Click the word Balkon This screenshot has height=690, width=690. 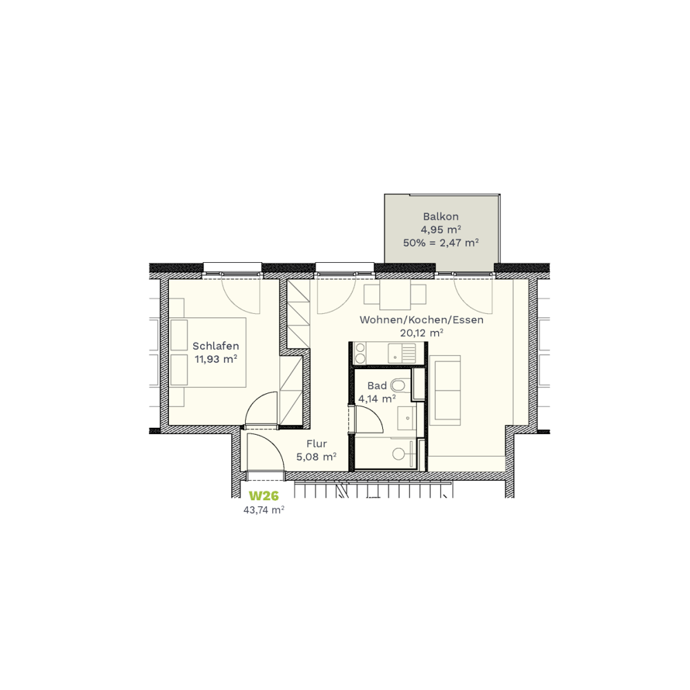pyautogui.click(x=440, y=217)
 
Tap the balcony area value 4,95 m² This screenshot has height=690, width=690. pyautogui.click(x=440, y=229)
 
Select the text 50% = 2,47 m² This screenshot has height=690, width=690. pyautogui.click(x=440, y=242)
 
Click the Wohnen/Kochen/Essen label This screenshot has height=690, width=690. pyautogui.click(x=421, y=320)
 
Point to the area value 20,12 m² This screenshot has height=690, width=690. pyautogui.click(x=421, y=333)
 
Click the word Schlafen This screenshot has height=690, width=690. pyautogui.click(x=215, y=346)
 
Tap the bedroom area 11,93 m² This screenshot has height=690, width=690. pyautogui.click(x=215, y=359)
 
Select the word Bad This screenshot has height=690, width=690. pyautogui.click(x=377, y=386)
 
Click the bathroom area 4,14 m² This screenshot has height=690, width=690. pyautogui.click(x=377, y=399)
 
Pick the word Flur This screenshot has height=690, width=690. pyautogui.click(x=317, y=444)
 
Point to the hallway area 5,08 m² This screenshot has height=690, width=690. pyautogui.click(x=317, y=457)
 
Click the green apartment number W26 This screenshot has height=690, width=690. pyautogui.click(x=264, y=496)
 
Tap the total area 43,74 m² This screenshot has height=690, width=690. pyautogui.click(x=264, y=510)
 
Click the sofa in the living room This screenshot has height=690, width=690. pyautogui.click(x=445, y=391)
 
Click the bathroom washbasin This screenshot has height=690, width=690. pyautogui.click(x=406, y=417)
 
